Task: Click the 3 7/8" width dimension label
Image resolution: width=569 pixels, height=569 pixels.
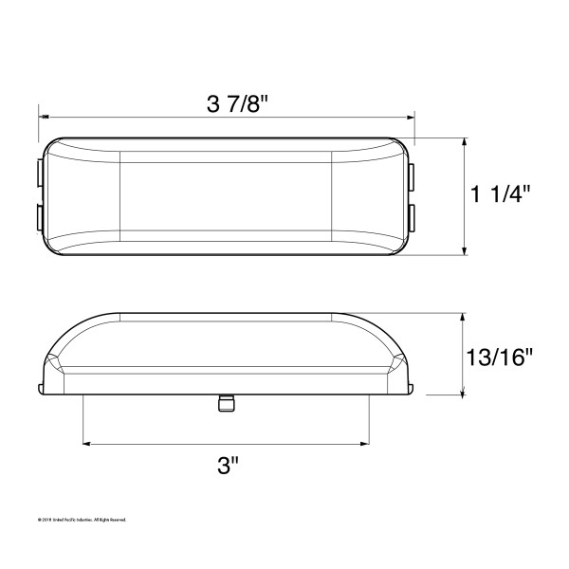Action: click(227, 103)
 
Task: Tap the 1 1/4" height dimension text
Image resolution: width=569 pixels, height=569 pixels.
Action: click(500, 194)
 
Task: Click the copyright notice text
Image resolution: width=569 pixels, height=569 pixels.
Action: click(82, 520)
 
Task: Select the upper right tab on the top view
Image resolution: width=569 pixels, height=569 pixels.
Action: click(414, 174)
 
